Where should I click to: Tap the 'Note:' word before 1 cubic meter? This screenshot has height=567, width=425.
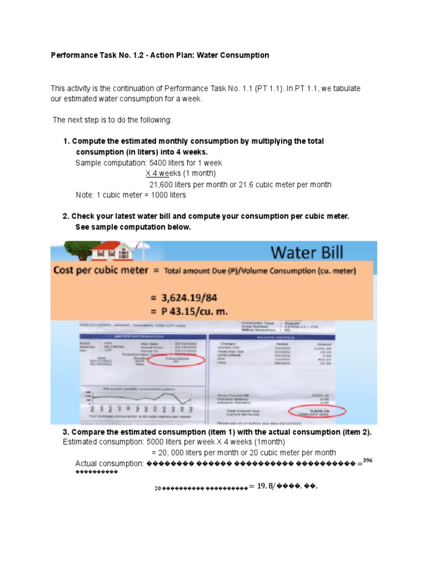(85, 195)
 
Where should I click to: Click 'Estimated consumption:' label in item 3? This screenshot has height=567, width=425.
(103, 442)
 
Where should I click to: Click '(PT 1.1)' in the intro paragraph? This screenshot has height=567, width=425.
(265, 89)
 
